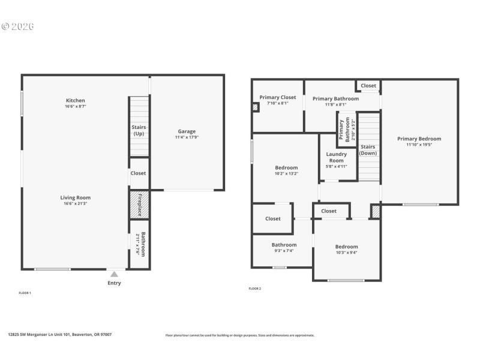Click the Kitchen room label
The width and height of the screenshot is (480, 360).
[x=76, y=100]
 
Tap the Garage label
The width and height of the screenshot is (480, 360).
[x=186, y=131]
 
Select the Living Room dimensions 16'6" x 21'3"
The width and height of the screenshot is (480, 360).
[x=76, y=203]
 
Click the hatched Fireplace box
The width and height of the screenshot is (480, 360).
[x=139, y=205]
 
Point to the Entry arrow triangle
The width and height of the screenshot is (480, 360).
[x=114, y=274]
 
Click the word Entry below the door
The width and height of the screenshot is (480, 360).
[x=114, y=283]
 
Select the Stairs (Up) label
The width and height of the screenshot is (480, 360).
[x=139, y=130]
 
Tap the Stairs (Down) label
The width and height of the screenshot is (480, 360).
[x=367, y=150]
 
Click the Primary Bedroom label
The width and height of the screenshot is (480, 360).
[x=419, y=139]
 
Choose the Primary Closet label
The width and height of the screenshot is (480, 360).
[x=278, y=97]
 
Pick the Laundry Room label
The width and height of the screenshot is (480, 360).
[x=336, y=157]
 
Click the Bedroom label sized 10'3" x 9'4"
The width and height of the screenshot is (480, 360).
[x=346, y=247]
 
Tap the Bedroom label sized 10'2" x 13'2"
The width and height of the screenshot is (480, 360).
[x=286, y=167]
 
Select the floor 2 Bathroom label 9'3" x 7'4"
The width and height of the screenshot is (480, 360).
[x=284, y=245]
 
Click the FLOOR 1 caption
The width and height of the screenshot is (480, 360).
[x=25, y=293]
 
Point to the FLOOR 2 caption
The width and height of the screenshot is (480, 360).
[x=255, y=289]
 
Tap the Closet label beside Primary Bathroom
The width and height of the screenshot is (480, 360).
[x=368, y=86]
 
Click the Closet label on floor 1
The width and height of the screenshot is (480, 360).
[x=138, y=173]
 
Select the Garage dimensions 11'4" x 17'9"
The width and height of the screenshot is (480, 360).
[x=186, y=137]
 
